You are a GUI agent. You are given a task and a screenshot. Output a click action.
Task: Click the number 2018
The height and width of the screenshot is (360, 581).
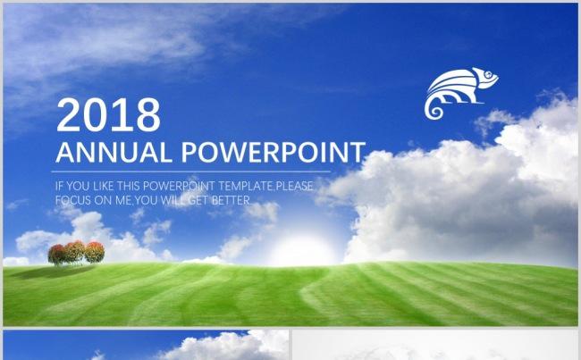tap(108, 114)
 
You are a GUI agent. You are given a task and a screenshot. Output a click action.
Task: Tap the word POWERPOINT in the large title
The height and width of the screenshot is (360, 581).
tap(274, 152)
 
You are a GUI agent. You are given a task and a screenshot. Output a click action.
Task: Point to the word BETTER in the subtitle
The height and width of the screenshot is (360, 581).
tap(231, 200)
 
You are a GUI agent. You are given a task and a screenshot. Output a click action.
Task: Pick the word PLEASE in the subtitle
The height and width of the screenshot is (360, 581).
tap(295, 186)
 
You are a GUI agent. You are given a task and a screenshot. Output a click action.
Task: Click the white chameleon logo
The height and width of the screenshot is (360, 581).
tap(460, 93)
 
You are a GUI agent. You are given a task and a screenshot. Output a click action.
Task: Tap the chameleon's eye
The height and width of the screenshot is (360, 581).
tap(489, 74)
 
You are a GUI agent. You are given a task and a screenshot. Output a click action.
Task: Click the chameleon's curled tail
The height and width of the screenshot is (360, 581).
tap(434, 108)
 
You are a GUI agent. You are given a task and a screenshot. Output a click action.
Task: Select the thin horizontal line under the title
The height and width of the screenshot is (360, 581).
tap(190, 172)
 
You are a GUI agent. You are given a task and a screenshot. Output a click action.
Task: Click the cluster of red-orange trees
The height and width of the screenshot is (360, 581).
tap(76, 253)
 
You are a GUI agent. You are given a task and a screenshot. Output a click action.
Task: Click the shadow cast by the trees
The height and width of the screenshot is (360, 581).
tap(52, 272)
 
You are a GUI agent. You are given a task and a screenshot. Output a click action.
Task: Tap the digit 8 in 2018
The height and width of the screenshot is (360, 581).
tap(148, 114)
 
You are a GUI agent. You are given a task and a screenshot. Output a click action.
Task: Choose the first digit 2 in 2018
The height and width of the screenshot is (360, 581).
tap(68, 114)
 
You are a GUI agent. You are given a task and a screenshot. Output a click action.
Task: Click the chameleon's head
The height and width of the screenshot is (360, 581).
tap(485, 78)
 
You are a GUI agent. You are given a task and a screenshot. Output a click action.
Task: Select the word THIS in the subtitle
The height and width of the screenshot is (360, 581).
tap(129, 186)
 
